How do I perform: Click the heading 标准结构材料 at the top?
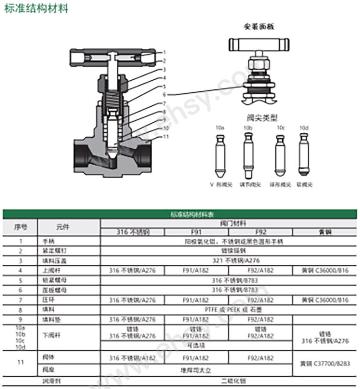pos(36,9)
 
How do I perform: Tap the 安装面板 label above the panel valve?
pos(259,26)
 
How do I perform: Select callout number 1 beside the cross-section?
pos(164,52)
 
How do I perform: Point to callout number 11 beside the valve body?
pos(166,136)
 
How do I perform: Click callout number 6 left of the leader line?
pos(164,95)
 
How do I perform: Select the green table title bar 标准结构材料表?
pos(180,214)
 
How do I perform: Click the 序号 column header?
pos(21,227)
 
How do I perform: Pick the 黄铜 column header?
pos(325,232)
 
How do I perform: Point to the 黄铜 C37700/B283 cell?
pos(325,363)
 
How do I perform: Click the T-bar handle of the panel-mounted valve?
pos(259,45)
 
